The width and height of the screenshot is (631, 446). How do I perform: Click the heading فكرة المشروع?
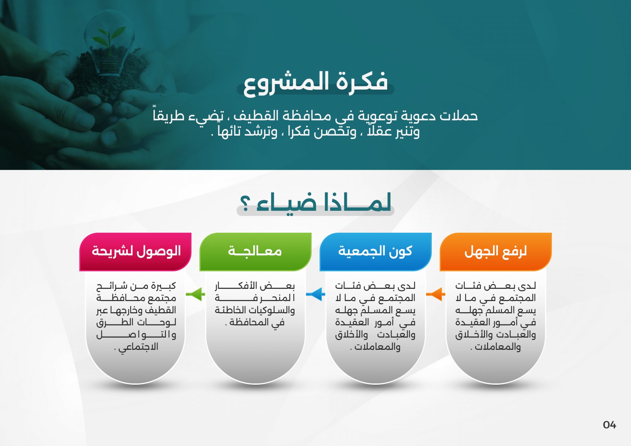(x=315, y=84)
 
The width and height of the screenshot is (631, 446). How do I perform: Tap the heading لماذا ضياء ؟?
(x=315, y=203)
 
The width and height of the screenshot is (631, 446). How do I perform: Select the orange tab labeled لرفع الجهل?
(x=496, y=252)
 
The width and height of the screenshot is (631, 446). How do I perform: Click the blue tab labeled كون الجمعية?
(x=376, y=252)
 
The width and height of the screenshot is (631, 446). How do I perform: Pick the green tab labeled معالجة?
(x=255, y=252)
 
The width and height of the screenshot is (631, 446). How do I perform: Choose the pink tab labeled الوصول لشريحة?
(x=135, y=252)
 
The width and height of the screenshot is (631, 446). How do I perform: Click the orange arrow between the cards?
(x=435, y=294)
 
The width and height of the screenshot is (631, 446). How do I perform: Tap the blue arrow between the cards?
(x=315, y=294)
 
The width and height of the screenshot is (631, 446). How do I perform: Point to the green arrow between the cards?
(x=195, y=294)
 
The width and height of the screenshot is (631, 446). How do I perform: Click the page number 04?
(x=609, y=424)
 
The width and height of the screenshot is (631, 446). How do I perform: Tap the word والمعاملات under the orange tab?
(x=498, y=347)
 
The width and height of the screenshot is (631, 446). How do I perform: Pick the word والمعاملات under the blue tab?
(x=377, y=347)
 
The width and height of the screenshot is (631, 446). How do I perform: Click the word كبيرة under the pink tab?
(x=164, y=286)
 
